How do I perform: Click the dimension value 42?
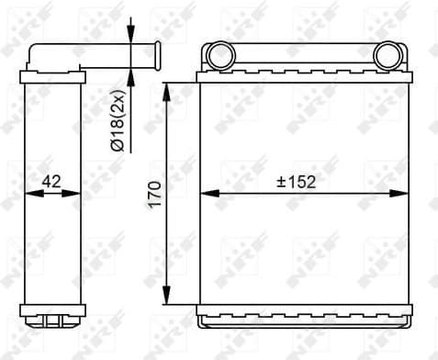51,181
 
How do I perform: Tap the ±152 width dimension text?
296,181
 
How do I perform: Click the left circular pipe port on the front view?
219,56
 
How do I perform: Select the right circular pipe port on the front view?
387,56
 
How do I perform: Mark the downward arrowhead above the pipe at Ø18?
131,36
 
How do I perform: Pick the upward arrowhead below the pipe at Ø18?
131,73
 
